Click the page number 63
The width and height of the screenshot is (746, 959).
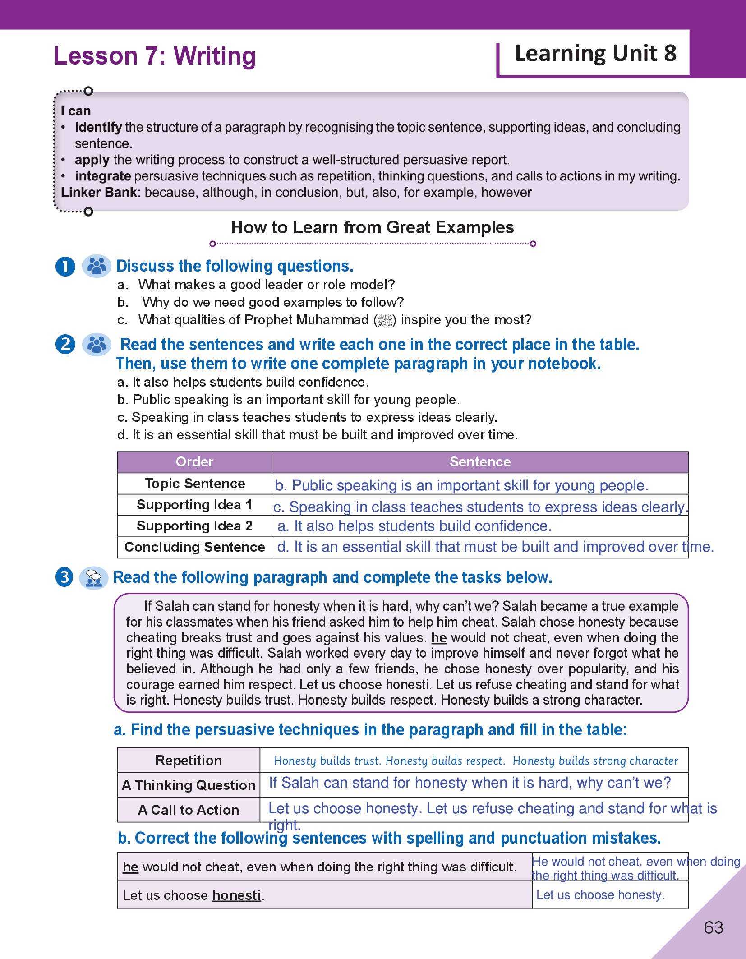713,927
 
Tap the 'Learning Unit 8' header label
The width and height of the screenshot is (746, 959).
595,54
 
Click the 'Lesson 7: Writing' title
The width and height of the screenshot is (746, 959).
155,56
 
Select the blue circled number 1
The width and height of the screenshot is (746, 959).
65,266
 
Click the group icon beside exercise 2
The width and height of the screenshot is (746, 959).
97,345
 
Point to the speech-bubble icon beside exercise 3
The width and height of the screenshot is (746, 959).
94,578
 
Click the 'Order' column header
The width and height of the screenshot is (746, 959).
194,462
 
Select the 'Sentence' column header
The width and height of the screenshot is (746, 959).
480,462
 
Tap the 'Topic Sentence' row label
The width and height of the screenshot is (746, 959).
194,484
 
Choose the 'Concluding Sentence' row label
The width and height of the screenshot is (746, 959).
194,547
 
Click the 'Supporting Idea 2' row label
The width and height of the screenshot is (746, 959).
194,526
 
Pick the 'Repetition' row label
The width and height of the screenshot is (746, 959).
189,761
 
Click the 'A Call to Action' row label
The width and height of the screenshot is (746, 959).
189,810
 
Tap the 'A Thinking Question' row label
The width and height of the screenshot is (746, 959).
189,785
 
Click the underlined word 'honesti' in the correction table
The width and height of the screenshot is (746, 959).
237,895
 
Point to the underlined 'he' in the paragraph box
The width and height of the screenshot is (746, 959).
439,638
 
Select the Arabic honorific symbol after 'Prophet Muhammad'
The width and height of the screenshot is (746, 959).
385,320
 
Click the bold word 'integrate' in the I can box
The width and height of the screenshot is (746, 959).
103,176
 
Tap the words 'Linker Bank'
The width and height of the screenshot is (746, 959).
99,193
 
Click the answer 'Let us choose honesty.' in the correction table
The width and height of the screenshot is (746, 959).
600,895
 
